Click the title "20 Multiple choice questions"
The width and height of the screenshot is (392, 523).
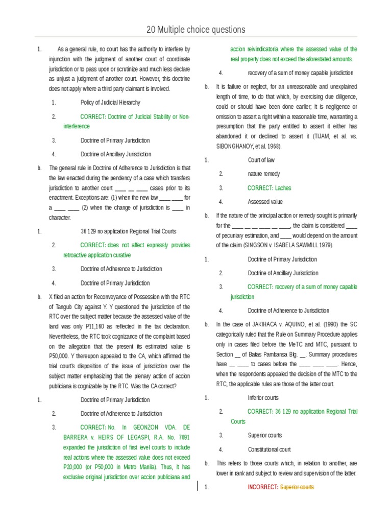(x=196, y=30)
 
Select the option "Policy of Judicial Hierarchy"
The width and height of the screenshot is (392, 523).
(x=110, y=103)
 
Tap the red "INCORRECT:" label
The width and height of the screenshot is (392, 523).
(x=263, y=487)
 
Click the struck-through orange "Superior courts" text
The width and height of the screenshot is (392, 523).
(x=297, y=487)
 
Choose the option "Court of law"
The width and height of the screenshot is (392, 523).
(x=261, y=160)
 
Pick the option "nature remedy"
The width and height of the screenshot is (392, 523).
(x=264, y=174)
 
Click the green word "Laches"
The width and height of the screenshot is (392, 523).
(x=283, y=188)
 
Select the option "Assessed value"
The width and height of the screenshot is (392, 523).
(x=265, y=202)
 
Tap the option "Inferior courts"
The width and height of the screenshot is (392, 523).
(x=263, y=397)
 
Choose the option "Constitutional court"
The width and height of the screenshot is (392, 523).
(x=269, y=449)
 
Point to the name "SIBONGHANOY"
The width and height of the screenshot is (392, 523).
(x=239, y=146)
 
